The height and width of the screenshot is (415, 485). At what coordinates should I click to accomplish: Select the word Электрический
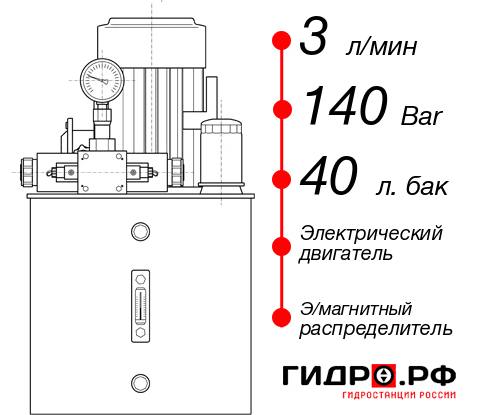[371, 233]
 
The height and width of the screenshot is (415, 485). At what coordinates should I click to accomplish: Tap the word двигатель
[346, 254]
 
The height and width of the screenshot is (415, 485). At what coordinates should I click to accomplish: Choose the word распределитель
[377, 328]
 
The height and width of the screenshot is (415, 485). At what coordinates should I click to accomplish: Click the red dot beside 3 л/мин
[281, 42]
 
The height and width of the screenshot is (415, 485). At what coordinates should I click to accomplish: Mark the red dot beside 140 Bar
[281, 109]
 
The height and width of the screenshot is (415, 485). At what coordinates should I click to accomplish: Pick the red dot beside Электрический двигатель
[281, 243]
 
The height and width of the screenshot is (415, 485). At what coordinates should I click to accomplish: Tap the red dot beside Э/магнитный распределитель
[281, 316]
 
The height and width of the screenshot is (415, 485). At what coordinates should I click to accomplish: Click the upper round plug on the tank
[140, 233]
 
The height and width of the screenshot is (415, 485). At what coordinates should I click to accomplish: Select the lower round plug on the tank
[140, 380]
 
